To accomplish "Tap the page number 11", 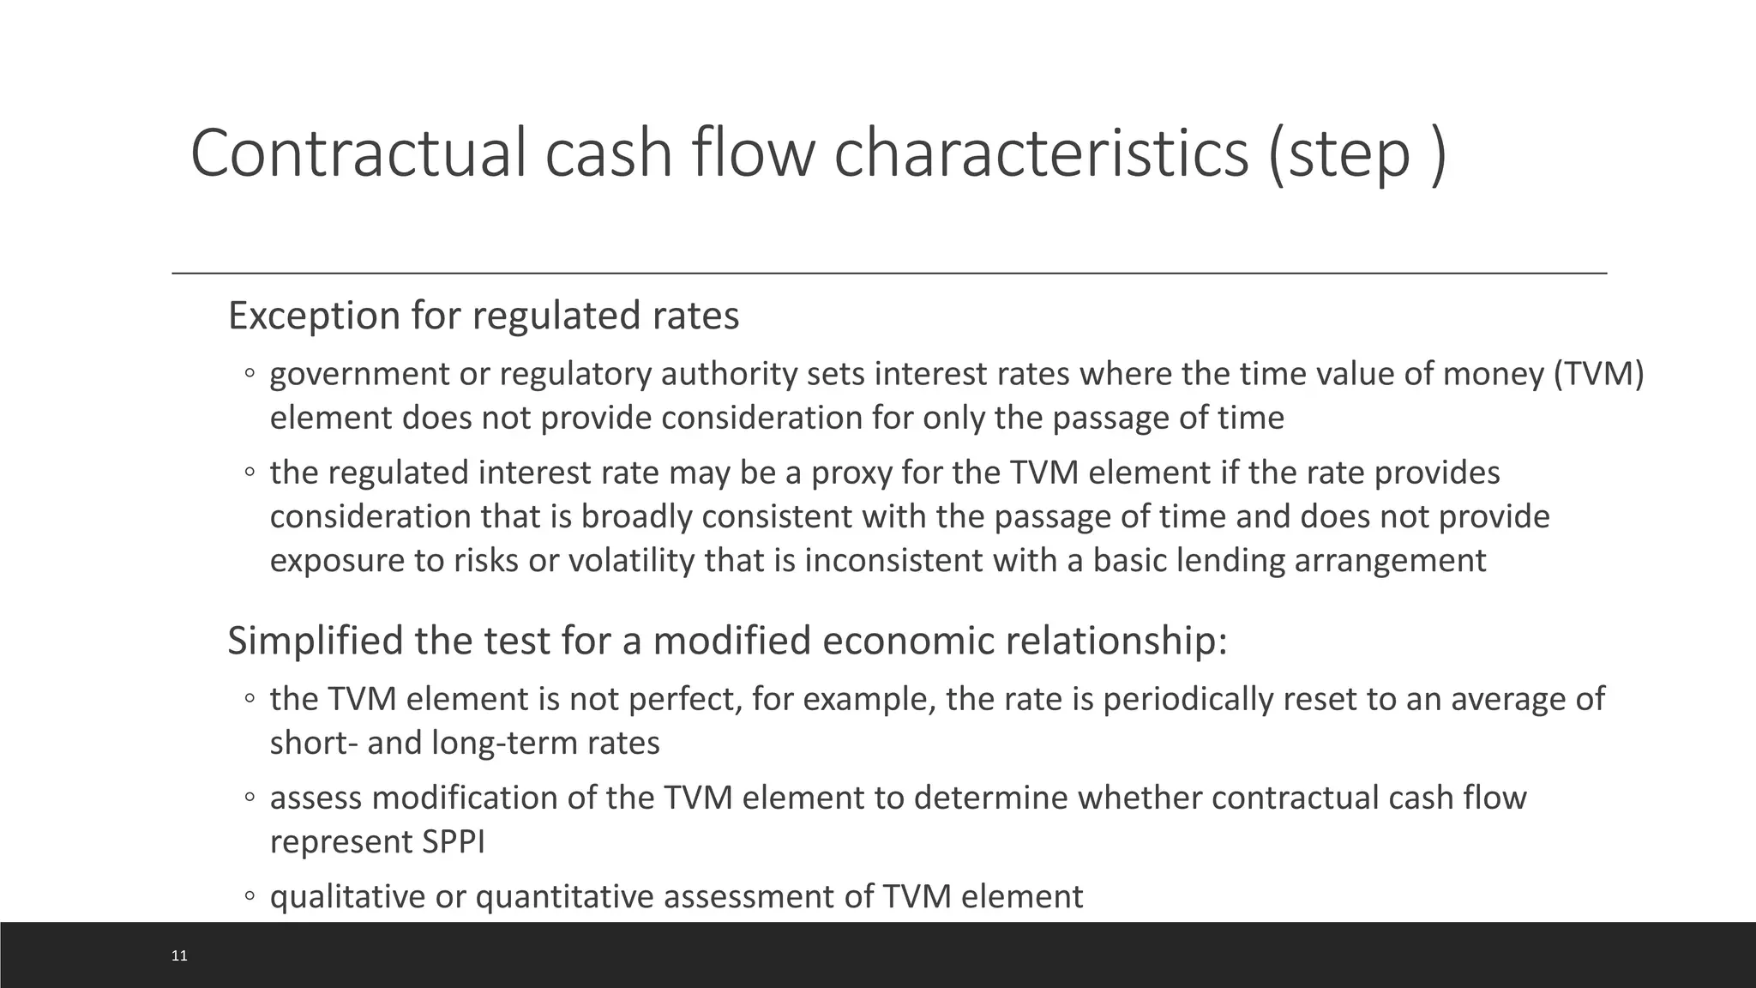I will point(179,955).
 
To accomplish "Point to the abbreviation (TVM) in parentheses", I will point(1598,375).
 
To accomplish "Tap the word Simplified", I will point(316,642).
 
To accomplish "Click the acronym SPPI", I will point(454,842).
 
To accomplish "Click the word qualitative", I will point(348,897).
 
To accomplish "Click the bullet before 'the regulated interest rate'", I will point(249,473).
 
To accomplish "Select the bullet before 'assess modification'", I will point(249,798).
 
